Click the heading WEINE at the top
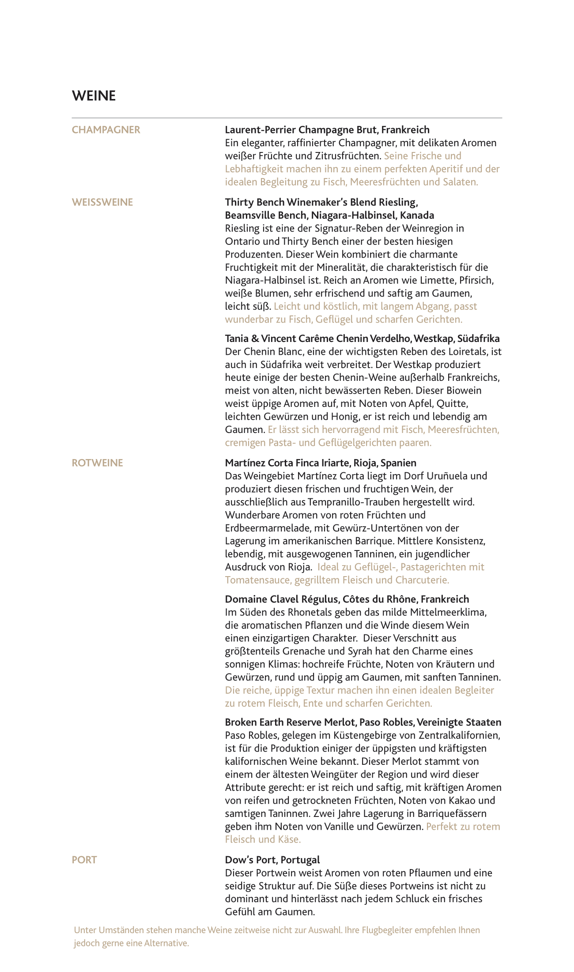(94, 96)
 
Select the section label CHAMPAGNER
(106, 130)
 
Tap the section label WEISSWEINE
(102, 202)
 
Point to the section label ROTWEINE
(98, 463)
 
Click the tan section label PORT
(84, 860)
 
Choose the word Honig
(350, 416)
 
